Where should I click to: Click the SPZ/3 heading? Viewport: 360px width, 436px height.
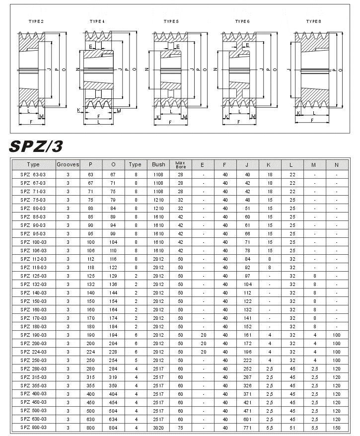[36, 146]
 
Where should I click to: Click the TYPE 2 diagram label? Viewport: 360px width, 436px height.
[36, 21]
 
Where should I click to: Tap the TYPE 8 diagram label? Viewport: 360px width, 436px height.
[313, 21]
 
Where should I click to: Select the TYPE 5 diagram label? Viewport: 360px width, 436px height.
[171, 21]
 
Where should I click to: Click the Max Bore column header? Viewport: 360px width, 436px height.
[180, 164]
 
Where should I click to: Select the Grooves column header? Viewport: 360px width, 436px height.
[68, 164]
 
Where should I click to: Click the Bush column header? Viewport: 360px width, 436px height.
[158, 164]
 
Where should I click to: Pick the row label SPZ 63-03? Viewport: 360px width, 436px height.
[33, 175]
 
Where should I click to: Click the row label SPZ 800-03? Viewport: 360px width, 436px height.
[33, 427]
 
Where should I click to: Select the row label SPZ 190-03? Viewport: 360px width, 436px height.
[33, 335]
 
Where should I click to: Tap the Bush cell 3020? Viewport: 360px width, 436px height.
[158, 427]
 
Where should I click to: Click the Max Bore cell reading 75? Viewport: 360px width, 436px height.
[180, 427]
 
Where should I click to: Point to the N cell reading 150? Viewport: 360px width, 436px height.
[336, 427]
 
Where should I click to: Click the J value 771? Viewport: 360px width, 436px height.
[247, 427]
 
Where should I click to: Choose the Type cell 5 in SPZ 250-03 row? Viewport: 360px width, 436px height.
[136, 360]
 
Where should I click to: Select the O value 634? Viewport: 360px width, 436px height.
[113, 419]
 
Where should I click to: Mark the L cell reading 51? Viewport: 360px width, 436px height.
[292, 427]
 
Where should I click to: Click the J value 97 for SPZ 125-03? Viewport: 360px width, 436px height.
[247, 276]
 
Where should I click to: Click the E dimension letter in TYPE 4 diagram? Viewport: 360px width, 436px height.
[90, 47]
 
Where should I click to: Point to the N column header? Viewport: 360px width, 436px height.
[336, 164]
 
